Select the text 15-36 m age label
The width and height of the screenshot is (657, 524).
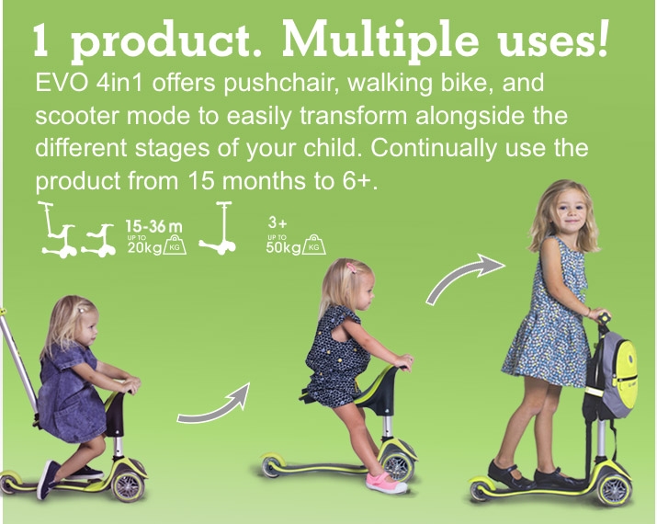[154, 227]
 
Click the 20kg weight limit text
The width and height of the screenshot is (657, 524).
[144, 247]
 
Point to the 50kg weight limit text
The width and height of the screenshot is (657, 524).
[283, 247]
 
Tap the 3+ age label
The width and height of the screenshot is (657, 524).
[278, 222]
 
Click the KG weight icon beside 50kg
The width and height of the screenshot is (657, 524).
[314, 245]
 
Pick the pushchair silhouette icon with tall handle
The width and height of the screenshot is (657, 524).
[58, 230]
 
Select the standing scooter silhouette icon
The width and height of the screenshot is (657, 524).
[219, 228]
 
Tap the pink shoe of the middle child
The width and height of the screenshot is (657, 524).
[386, 482]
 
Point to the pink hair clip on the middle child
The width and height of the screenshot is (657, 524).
[351, 267]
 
